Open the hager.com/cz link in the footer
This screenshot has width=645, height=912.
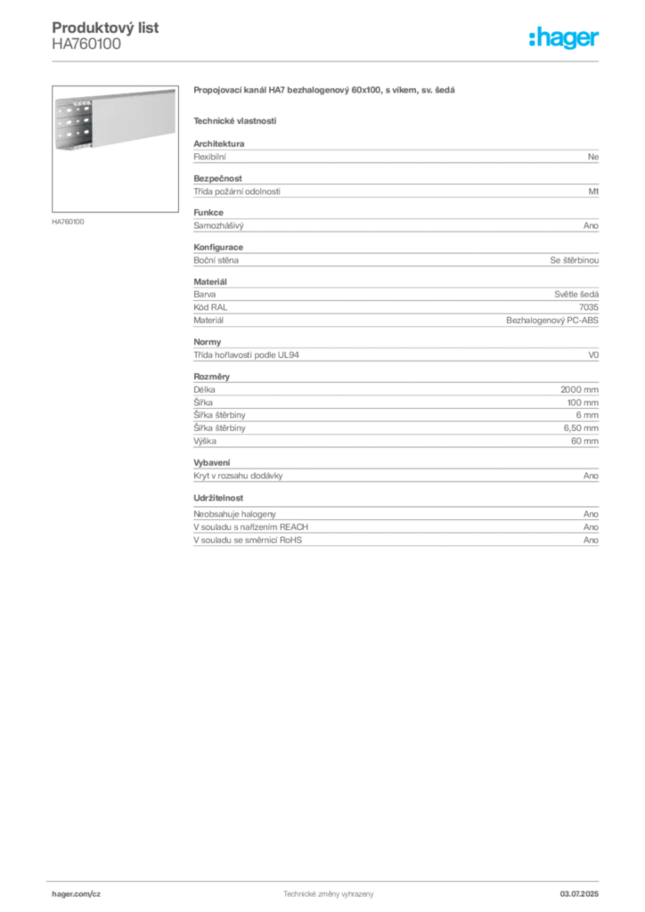(x=79, y=892)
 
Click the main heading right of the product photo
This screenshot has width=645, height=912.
(x=323, y=93)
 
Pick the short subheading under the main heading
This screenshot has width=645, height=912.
(x=234, y=120)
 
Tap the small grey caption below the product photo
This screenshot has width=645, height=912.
(x=68, y=221)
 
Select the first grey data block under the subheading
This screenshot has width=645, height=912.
(x=395, y=156)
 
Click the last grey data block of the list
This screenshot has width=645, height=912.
(x=395, y=528)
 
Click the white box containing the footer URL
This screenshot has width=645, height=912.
(x=100, y=893)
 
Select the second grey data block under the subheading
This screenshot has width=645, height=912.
(x=395, y=188)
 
